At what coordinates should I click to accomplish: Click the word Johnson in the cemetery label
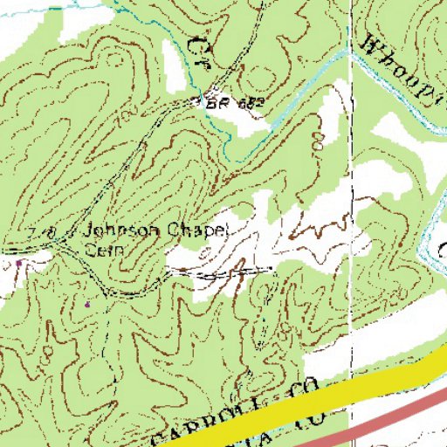(118, 230)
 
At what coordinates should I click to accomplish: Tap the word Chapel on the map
(194, 230)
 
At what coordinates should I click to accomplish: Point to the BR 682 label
(233, 102)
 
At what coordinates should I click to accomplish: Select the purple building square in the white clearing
(19, 260)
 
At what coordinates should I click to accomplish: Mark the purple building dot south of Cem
(87, 304)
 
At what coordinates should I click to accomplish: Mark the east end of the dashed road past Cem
(272, 268)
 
